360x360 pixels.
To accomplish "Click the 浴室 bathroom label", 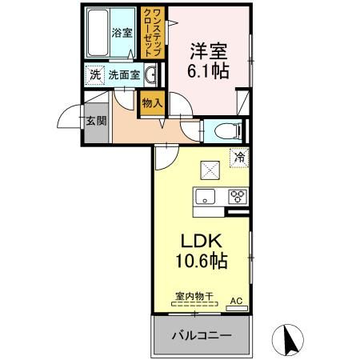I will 122,34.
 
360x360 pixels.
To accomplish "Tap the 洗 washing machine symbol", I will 95,75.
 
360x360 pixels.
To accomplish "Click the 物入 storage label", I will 152,102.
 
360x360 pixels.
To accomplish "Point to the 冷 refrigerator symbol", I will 238,158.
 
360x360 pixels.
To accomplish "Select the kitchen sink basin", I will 204,195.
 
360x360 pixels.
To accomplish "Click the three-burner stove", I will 238,195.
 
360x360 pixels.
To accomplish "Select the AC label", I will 235,301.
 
